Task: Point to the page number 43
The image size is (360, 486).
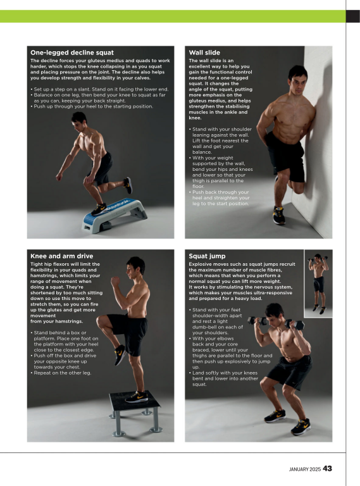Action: [x=327, y=469]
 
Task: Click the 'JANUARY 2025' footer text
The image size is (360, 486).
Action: [x=301, y=470]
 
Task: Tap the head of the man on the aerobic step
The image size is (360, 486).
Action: [x=80, y=120]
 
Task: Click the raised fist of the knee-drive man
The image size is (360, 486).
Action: [x=115, y=278]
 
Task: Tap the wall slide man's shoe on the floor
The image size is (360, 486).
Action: [x=279, y=215]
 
